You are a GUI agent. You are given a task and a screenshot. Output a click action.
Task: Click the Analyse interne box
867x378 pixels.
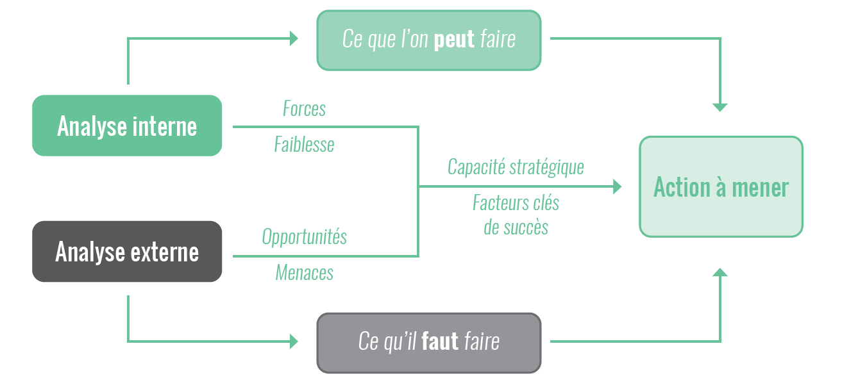pos(127,126)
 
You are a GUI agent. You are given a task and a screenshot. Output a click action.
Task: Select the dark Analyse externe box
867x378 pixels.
pos(127,252)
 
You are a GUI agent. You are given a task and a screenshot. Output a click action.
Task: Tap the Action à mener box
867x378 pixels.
pos(721,186)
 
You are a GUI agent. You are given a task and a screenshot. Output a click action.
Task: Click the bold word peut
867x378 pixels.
pos(454,39)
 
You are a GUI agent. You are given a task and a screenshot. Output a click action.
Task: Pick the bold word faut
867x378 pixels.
pos(440,341)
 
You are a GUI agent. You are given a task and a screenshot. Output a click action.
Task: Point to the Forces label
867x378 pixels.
pos(304,109)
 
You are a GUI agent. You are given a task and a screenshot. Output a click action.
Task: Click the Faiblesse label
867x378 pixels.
pos(304,145)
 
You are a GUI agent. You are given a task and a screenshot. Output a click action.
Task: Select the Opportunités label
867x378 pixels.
pos(304,236)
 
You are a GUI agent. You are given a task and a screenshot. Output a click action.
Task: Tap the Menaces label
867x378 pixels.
pos(304,272)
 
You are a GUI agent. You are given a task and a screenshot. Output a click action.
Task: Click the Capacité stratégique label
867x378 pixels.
pos(516,167)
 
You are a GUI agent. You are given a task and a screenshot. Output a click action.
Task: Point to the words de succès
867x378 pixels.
pos(516,227)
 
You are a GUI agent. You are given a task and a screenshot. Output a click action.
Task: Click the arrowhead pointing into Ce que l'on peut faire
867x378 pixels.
pos(294,38)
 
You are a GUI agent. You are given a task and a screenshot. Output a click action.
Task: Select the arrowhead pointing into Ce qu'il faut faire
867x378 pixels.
pos(294,341)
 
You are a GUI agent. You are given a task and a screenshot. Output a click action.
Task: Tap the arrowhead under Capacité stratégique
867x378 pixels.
pos(618,186)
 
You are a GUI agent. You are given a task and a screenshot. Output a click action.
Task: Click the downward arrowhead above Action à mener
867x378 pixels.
pos(720,108)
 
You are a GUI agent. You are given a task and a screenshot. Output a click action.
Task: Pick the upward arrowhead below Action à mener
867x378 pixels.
pos(720,272)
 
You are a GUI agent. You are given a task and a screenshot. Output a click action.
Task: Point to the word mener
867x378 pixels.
pos(760,188)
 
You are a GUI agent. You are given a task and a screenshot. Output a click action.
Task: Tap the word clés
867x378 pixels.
pos(546,203)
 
